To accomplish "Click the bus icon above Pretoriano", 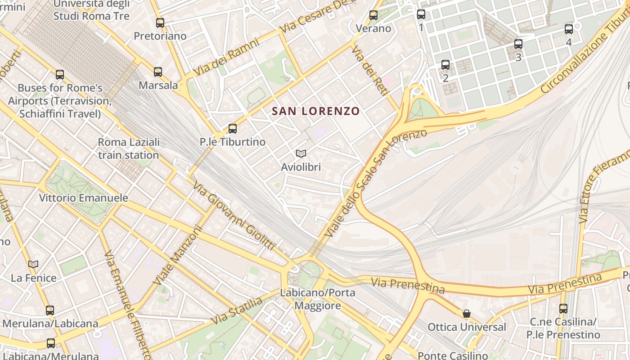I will (x=160, y=22).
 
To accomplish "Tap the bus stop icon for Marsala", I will (x=158, y=72).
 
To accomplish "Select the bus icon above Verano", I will (x=373, y=15).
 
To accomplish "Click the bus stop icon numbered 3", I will (x=518, y=44).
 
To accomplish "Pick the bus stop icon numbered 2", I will (x=445, y=64).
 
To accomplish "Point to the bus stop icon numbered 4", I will (x=569, y=29).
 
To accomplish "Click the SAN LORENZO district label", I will (x=316, y=111).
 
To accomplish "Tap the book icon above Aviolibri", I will (x=301, y=154).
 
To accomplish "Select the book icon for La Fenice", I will (x=33, y=264).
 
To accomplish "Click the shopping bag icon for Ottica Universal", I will (x=467, y=314).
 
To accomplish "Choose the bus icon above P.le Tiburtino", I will (x=233, y=128).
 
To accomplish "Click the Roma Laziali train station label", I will (x=129, y=148).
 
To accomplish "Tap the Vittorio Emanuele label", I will (x=83, y=198).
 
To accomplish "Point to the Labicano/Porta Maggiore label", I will (x=318, y=299).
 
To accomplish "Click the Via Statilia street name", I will (x=237, y=310).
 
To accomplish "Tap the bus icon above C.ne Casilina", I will (x=563, y=308).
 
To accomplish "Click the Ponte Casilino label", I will (x=453, y=355).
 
